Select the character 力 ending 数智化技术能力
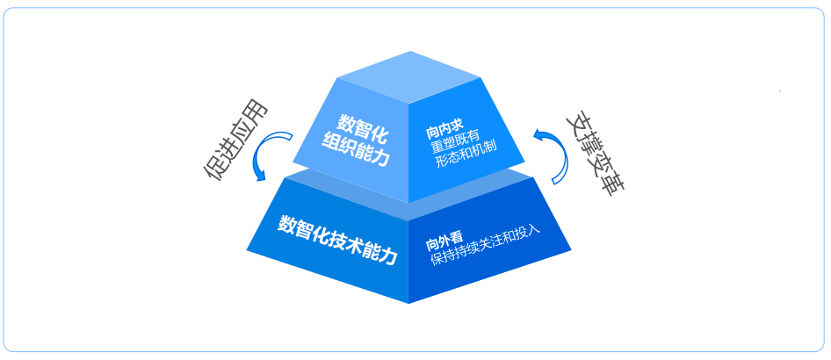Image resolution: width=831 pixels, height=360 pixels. click(387, 256)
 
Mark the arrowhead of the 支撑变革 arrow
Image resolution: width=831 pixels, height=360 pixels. click(538, 134)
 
